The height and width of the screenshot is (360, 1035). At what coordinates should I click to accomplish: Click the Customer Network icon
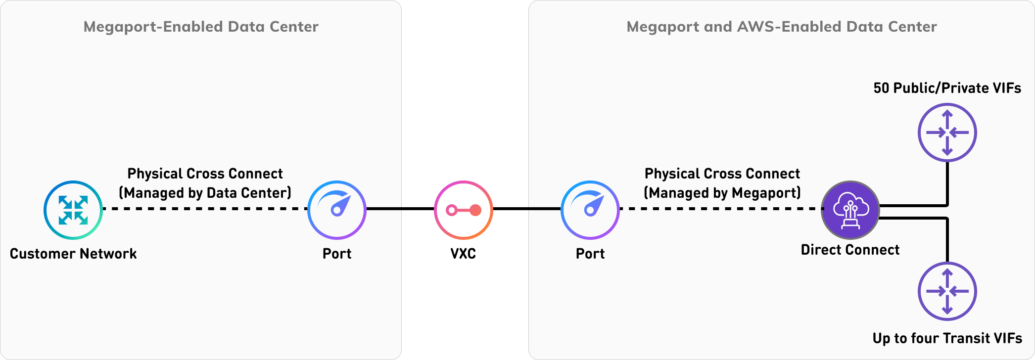[x=73, y=210]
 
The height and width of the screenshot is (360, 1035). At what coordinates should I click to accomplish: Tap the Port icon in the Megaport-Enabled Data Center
[x=337, y=210]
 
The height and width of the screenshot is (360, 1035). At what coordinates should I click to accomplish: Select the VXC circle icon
[x=464, y=210]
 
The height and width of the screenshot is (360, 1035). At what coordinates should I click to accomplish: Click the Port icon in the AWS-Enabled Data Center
[x=590, y=210]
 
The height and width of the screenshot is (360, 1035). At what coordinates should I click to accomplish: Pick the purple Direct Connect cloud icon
[x=850, y=210]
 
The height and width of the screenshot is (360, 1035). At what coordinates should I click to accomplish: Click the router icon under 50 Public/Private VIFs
[x=947, y=133]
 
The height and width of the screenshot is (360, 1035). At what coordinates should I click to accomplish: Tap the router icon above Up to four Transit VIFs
[x=947, y=291]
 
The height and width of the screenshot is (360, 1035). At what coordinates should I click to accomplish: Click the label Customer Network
[x=73, y=254]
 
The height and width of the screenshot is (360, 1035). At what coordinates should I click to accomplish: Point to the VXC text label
[x=463, y=254]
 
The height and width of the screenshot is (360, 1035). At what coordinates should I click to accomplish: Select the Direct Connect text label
[x=850, y=250]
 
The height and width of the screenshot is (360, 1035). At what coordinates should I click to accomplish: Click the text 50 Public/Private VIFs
[x=947, y=88]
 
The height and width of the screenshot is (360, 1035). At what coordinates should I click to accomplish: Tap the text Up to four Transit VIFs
[x=947, y=338]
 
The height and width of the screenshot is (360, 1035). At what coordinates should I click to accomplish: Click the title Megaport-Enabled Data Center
[x=201, y=27]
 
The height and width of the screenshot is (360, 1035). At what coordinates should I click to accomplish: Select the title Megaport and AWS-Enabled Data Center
[x=782, y=27]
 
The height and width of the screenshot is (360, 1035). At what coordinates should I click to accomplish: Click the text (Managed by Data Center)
[x=205, y=193]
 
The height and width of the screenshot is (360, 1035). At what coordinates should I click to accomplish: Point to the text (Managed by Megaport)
[x=722, y=193]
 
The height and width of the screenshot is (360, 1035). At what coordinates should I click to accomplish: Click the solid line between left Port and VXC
[x=400, y=209]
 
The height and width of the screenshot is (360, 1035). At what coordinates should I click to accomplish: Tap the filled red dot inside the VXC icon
[x=475, y=210]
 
